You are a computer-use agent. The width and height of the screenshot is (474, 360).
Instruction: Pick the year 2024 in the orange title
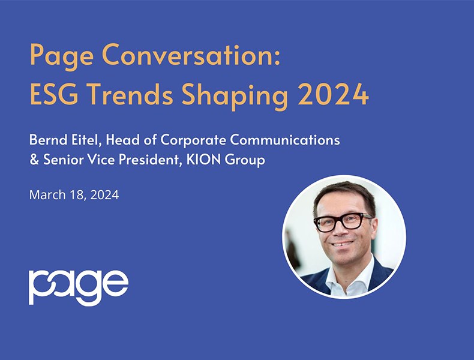tap(332, 94)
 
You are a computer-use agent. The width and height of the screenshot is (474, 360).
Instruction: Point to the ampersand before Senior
tap(34, 161)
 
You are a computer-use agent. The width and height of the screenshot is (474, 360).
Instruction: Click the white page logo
tap(78, 287)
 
